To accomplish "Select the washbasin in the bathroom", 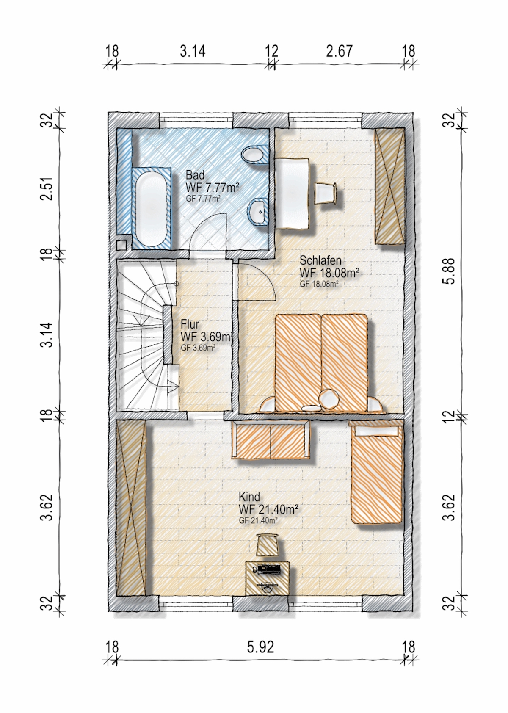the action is coord(258,212).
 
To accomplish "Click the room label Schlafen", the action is coord(320,261).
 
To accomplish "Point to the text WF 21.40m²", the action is coord(268,510).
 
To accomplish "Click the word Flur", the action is coord(190,325).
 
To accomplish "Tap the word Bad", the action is coord(195,175).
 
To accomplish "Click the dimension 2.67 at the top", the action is coord(340,51).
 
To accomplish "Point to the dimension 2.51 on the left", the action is coord(47,188).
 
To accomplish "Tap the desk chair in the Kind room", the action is coord(268,544).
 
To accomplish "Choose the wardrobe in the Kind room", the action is coord(131,508).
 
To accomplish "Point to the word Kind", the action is coord(249,497).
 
